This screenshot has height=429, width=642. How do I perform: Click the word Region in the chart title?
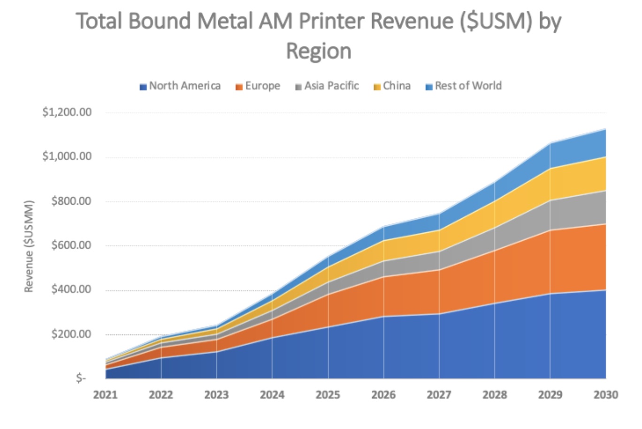click(319, 51)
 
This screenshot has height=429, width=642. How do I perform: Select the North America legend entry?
click(180, 86)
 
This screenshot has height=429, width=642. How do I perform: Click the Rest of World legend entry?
click(463, 86)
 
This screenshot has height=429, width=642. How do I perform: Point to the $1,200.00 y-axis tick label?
click(67, 112)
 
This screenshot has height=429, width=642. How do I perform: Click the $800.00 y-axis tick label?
click(71, 201)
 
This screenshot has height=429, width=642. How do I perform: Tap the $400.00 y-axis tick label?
click(71, 290)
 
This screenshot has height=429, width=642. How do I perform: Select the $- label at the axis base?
click(81, 378)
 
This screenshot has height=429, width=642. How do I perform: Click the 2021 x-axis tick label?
click(105, 395)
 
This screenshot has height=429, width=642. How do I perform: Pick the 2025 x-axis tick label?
click(328, 395)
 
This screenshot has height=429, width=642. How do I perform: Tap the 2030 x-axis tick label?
click(605, 395)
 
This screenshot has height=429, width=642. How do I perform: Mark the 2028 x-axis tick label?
click(495, 395)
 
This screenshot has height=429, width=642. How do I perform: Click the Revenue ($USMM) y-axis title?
click(29, 246)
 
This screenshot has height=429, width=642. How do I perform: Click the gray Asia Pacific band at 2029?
click(550, 215)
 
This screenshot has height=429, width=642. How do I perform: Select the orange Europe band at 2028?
click(495, 277)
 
